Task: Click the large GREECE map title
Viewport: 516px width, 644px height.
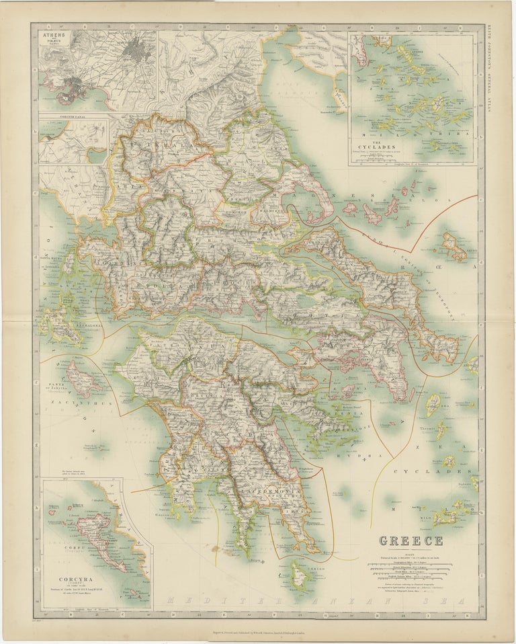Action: pyautogui.click(x=411, y=540)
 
